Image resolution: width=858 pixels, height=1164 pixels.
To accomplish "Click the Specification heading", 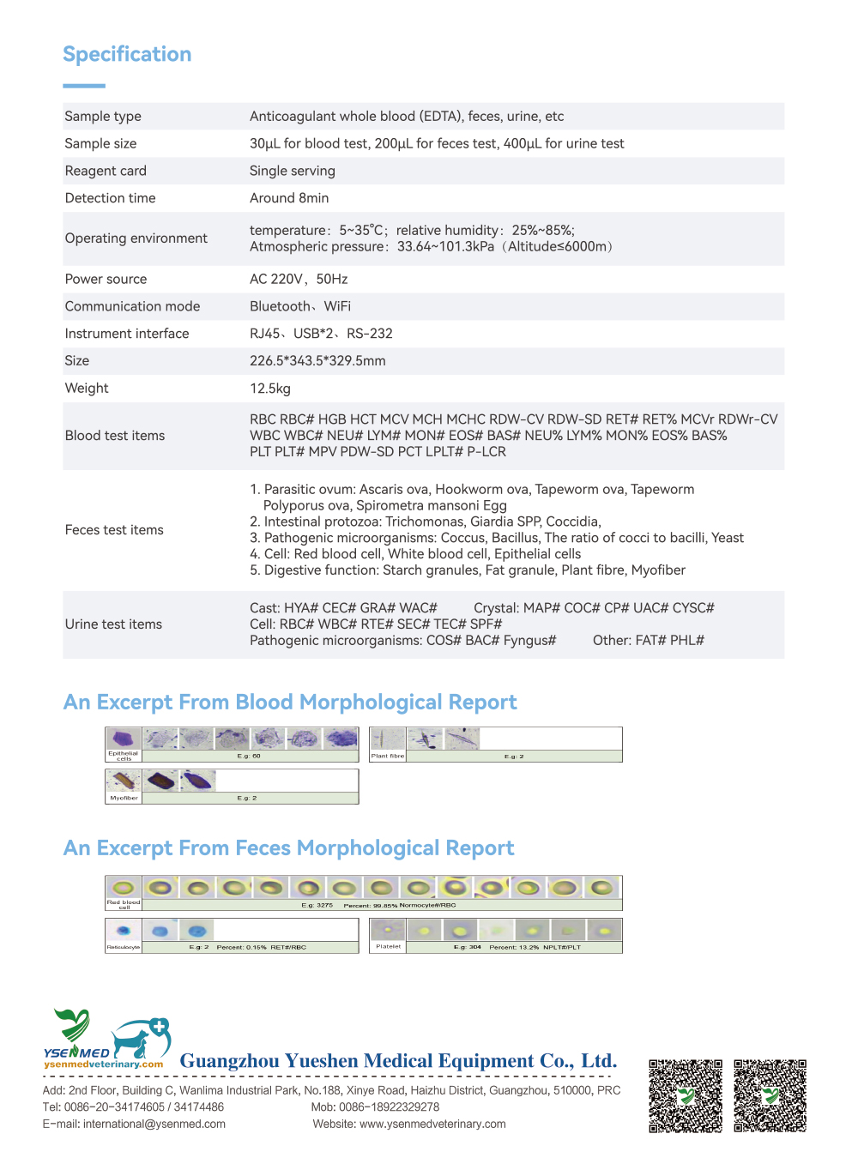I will pos(127,54).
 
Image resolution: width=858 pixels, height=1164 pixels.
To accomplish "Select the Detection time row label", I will pos(110,198).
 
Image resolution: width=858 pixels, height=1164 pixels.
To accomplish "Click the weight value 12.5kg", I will pos(270,389).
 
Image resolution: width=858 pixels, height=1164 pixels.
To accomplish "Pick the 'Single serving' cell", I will pos(292,171).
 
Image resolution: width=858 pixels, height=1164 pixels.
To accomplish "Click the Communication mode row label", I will pos(132,306).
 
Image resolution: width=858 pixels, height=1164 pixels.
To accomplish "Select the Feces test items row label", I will pos(114,530).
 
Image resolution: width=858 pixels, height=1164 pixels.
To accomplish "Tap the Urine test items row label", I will pos(113,624).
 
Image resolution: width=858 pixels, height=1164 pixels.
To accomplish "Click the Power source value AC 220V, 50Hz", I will pos(299,279).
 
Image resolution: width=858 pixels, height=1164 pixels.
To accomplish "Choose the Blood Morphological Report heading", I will pos(290,703).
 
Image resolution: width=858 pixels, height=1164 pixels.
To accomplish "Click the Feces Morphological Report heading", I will pos(288,848).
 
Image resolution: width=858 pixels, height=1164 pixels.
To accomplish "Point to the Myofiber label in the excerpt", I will pos(124,798).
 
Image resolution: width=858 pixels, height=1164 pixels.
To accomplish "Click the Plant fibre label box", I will pos(387,757).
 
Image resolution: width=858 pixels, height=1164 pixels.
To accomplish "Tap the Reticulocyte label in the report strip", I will pos(123,948).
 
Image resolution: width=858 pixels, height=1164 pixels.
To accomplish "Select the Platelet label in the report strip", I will pos(388,947).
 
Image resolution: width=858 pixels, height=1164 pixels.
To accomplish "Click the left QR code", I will pos(686,1096).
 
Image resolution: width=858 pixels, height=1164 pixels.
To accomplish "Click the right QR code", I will pos(770,1096).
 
